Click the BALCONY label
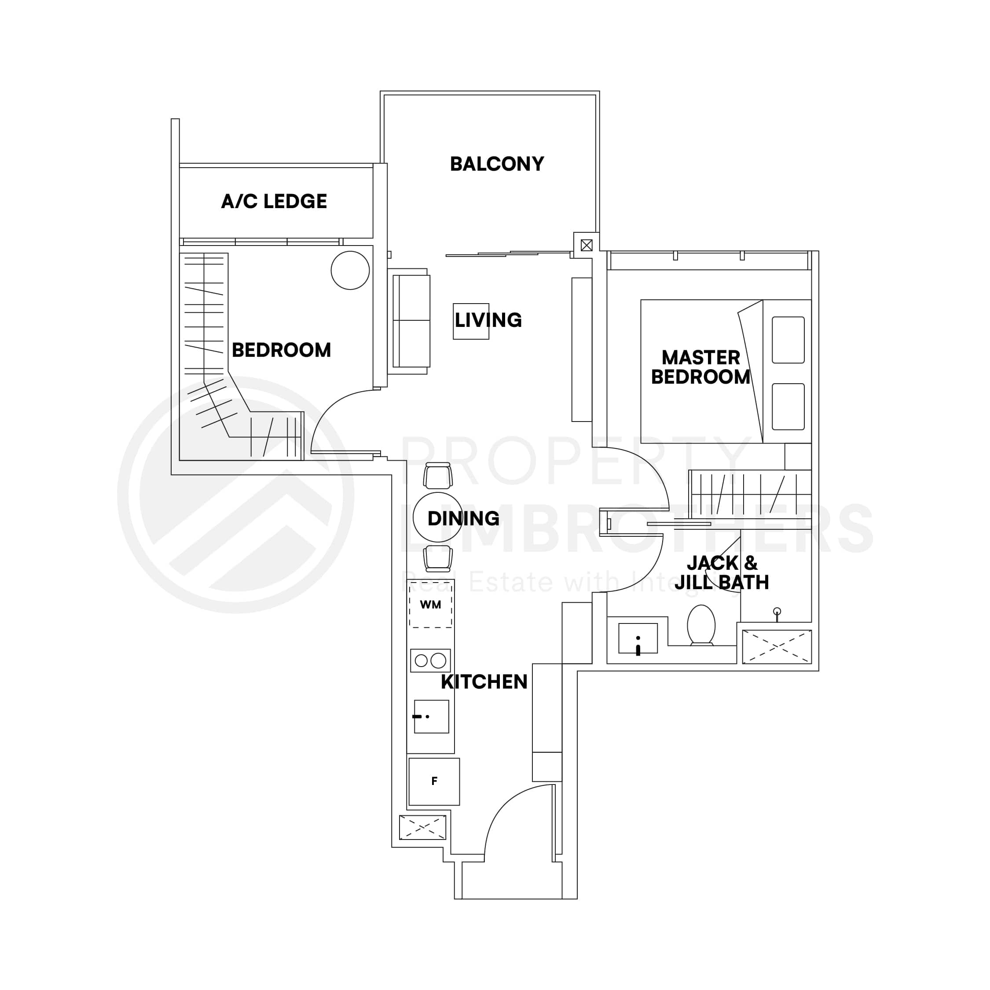496,164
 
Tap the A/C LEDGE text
274,202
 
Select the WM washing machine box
430,605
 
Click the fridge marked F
434,781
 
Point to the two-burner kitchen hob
430,660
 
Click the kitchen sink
432,716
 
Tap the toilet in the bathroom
701,625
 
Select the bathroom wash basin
638,638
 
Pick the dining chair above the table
438,476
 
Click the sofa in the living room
411,321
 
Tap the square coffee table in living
470,321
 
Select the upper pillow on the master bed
788,340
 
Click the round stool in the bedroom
350,270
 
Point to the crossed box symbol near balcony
587,245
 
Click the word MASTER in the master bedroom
700,357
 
